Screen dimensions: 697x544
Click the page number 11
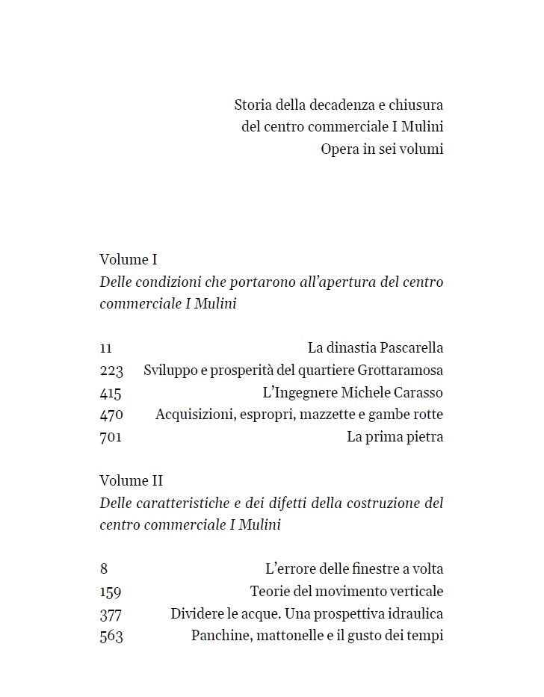pos(105,348)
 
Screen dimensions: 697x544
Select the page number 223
pos(111,371)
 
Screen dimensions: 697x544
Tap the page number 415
pos(111,393)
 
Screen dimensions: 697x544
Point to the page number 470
pos(111,415)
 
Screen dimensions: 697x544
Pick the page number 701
pos(111,437)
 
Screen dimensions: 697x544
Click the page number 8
pos(103,569)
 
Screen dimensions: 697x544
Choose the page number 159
pos(111,592)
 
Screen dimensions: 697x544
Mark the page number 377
pos(111,614)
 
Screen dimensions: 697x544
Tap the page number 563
pos(111,636)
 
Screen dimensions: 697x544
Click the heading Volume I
pos(129,260)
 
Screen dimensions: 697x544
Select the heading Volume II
pos(131,481)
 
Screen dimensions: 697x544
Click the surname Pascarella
pos(411,348)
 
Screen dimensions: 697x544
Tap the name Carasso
pos(418,393)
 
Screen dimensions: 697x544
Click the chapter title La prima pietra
pos(395,437)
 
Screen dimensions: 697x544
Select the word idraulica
pos(415,614)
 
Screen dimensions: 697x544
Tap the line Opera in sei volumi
pos(382,149)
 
